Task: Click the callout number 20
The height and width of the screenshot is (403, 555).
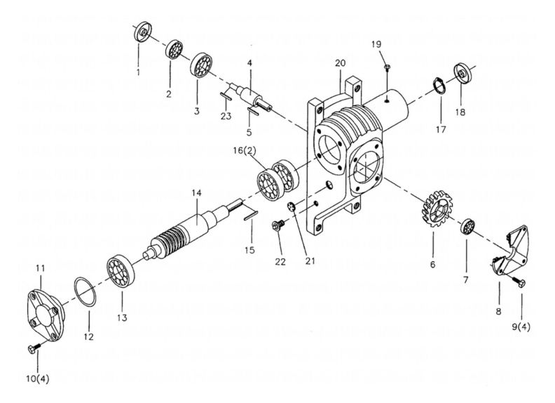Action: click(340, 63)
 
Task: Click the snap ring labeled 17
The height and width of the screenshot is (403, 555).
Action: click(439, 91)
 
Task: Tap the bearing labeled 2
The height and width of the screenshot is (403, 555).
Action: click(173, 50)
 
